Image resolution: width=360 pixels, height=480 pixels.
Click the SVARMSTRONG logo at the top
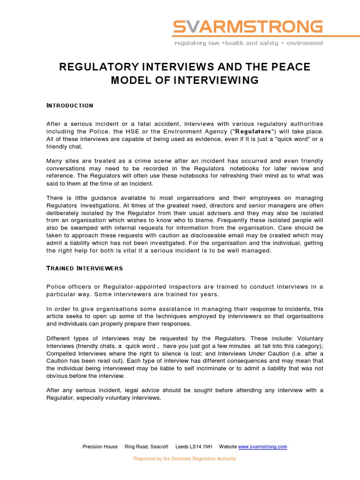tap(248, 27)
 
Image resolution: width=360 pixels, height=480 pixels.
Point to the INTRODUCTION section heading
tap(70, 105)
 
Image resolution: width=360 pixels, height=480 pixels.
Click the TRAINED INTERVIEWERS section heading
tap(84, 268)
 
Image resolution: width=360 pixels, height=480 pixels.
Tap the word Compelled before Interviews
tap(63, 354)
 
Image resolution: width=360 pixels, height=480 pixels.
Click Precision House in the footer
tap(100, 447)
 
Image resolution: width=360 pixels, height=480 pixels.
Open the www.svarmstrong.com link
tap(262, 447)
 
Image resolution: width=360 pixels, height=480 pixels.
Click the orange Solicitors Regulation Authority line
tap(185, 458)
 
